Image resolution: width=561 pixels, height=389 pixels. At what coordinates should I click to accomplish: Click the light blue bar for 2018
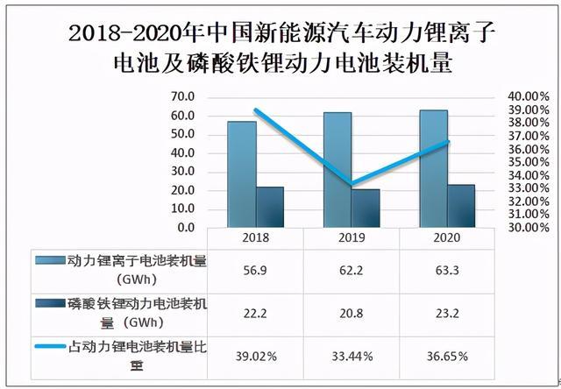(242, 174)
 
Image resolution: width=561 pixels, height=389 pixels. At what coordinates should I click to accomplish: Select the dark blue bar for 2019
(366, 208)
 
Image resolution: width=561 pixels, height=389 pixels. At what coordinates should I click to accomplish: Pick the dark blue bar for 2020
(460, 206)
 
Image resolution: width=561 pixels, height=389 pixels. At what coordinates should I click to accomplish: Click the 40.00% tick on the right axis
(528, 96)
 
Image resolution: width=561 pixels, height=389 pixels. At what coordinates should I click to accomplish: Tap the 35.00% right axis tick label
(528, 162)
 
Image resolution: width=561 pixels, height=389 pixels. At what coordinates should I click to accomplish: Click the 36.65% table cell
(447, 357)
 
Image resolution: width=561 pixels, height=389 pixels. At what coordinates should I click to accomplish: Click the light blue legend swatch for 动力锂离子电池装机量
(52, 260)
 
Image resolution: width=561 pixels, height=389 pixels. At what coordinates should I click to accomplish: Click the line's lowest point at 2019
(352, 185)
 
